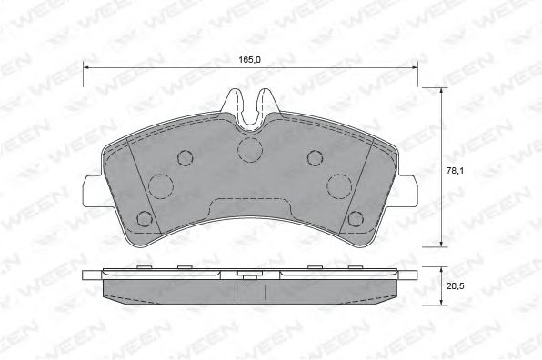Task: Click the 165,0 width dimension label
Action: (249, 59)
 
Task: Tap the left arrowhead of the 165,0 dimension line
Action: (86, 67)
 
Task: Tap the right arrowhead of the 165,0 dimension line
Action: (414, 67)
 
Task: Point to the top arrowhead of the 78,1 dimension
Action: (441, 91)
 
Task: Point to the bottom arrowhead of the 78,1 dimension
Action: (441, 244)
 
